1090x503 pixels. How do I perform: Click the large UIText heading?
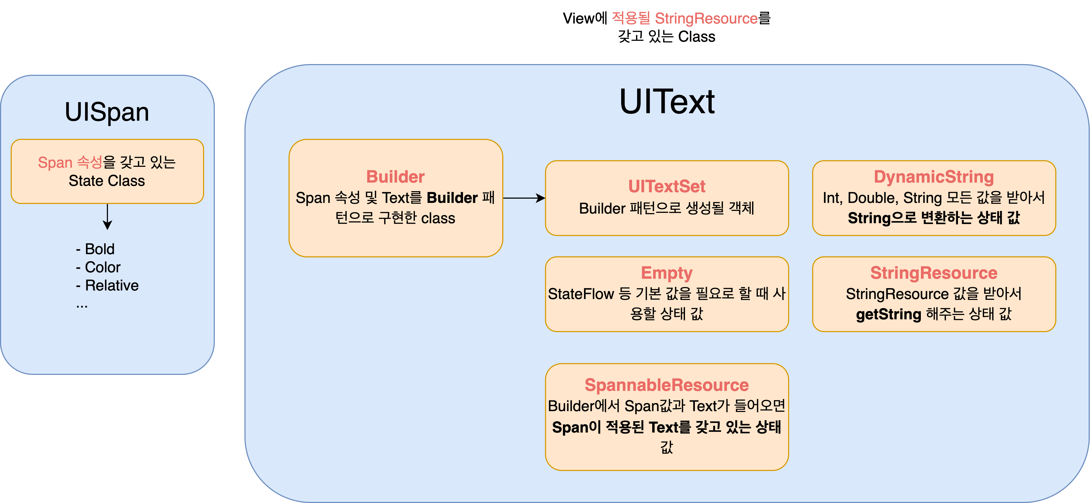click(x=667, y=102)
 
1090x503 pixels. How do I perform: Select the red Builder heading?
click(x=395, y=177)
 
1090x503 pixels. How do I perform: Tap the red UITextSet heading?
click(x=667, y=186)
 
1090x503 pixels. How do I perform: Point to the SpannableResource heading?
click(x=667, y=385)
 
